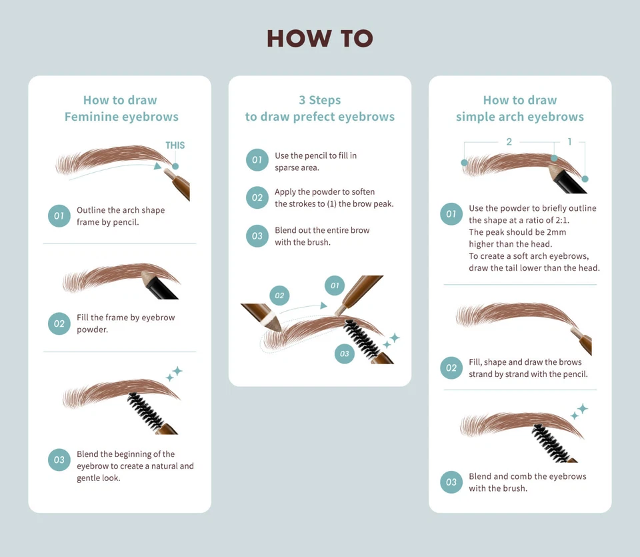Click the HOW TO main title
click(x=320, y=39)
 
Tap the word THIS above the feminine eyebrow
click(x=175, y=145)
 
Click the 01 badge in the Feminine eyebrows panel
click(x=59, y=216)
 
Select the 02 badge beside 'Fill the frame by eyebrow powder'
click(x=59, y=324)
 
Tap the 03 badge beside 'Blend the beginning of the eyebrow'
click(x=59, y=460)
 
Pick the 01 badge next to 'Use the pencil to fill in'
click(x=257, y=159)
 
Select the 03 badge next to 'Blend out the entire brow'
click(x=257, y=236)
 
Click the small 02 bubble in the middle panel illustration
click(x=279, y=296)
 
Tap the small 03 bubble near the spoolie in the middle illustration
click(x=345, y=354)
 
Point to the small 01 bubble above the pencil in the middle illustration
click(x=335, y=286)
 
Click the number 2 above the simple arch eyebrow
click(x=509, y=141)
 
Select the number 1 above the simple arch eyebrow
click(x=569, y=141)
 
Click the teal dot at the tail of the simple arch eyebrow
click(x=585, y=179)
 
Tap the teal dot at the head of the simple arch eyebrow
click(x=464, y=163)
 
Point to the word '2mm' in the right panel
click(x=556, y=232)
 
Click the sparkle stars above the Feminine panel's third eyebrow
click(x=174, y=374)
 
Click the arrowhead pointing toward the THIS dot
click(x=157, y=166)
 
